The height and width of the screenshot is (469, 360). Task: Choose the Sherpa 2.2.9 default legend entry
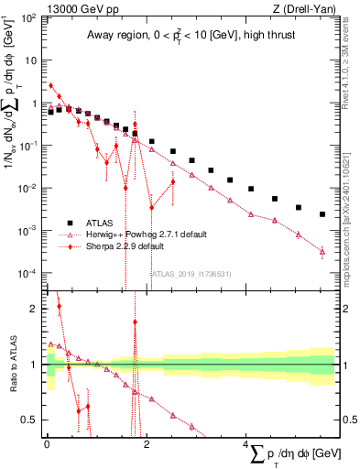point(125,246)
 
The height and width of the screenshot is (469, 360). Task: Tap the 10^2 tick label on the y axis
point(28,17)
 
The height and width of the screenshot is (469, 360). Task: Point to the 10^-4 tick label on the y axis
point(28,273)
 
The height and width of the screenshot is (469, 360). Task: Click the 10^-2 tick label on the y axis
point(28,188)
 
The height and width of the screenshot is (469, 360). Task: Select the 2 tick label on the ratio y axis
point(35,309)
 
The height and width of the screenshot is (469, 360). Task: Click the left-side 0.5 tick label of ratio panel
point(31,420)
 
